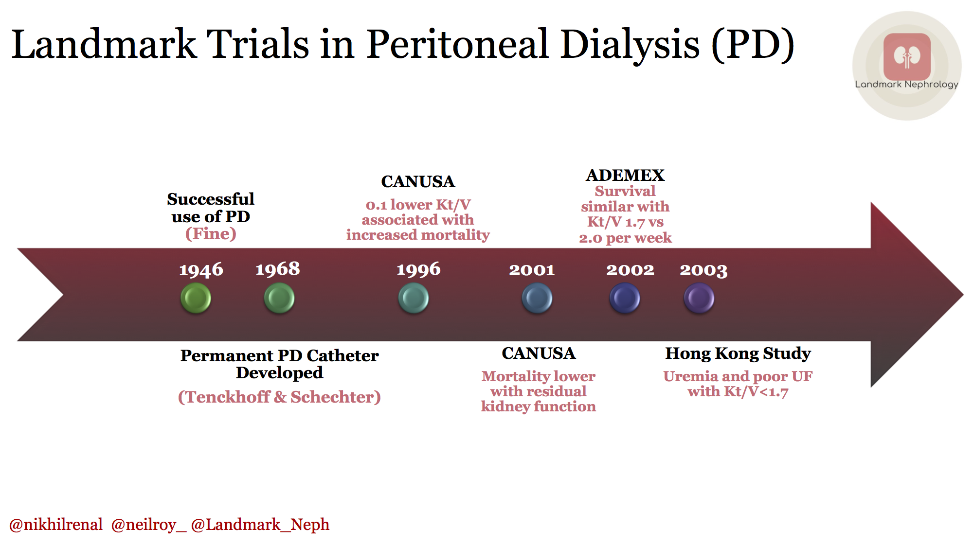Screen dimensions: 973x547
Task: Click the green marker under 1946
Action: click(x=196, y=298)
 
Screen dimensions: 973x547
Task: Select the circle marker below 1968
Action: click(x=279, y=298)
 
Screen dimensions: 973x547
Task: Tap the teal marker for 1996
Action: click(x=414, y=298)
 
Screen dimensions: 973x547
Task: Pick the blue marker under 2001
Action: click(x=537, y=298)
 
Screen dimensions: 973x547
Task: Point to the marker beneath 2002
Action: click(x=625, y=298)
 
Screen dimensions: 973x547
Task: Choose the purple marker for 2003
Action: click(x=699, y=298)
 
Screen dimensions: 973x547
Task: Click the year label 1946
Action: click(x=201, y=270)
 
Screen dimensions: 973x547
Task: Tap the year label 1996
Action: click(x=418, y=269)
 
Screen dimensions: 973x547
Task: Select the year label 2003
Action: click(x=703, y=270)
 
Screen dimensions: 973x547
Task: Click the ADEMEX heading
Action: click(x=625, y=175)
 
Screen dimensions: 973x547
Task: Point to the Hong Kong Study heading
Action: click(x=738, y=353)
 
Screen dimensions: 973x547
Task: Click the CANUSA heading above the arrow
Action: click(x=418, y=181)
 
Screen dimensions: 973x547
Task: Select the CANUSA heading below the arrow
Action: click(x=539, y=353)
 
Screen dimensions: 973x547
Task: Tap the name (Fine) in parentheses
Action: click(x=211, y=234)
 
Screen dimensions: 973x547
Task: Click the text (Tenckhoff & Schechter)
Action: click(x=279, y=397)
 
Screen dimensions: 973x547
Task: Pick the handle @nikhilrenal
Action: click(x=56, y=525)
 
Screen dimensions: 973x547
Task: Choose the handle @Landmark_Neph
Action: click(x=260, y=525)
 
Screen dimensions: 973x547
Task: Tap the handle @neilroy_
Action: click(x=148, y=525)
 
